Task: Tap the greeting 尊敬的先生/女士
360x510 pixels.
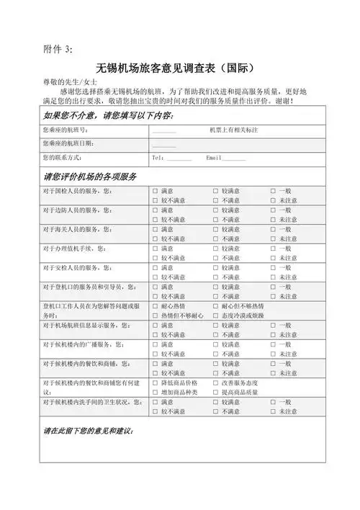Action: point(66,84)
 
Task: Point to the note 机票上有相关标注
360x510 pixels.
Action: point(234,130)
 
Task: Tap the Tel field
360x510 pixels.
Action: point(172,157)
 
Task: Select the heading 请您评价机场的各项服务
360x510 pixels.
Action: point(91,176)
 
